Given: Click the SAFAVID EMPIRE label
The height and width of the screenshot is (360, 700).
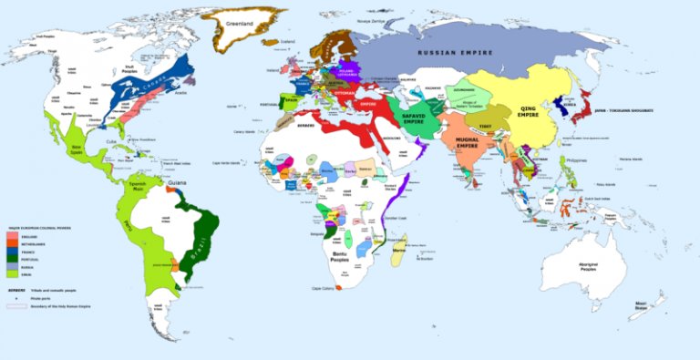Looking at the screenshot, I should pyautogui.click(x=412, y=121).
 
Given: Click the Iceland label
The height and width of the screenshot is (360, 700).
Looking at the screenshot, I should pyautogui.click(x=290, y=42).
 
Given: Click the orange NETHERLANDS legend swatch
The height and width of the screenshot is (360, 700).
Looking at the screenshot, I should pyautogui.click(x=12, y=243).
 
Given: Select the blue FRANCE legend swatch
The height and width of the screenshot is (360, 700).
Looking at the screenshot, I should pyautogui.click(x=12, y=252).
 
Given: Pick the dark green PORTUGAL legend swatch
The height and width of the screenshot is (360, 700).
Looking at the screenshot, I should pyautogui.click(x=12, y=260).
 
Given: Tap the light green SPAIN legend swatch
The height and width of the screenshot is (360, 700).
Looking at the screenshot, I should pyautogui.click(x=12, y=275).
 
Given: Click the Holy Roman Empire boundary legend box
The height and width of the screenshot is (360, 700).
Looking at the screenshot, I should pyautogui.click(x=15, y=306).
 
